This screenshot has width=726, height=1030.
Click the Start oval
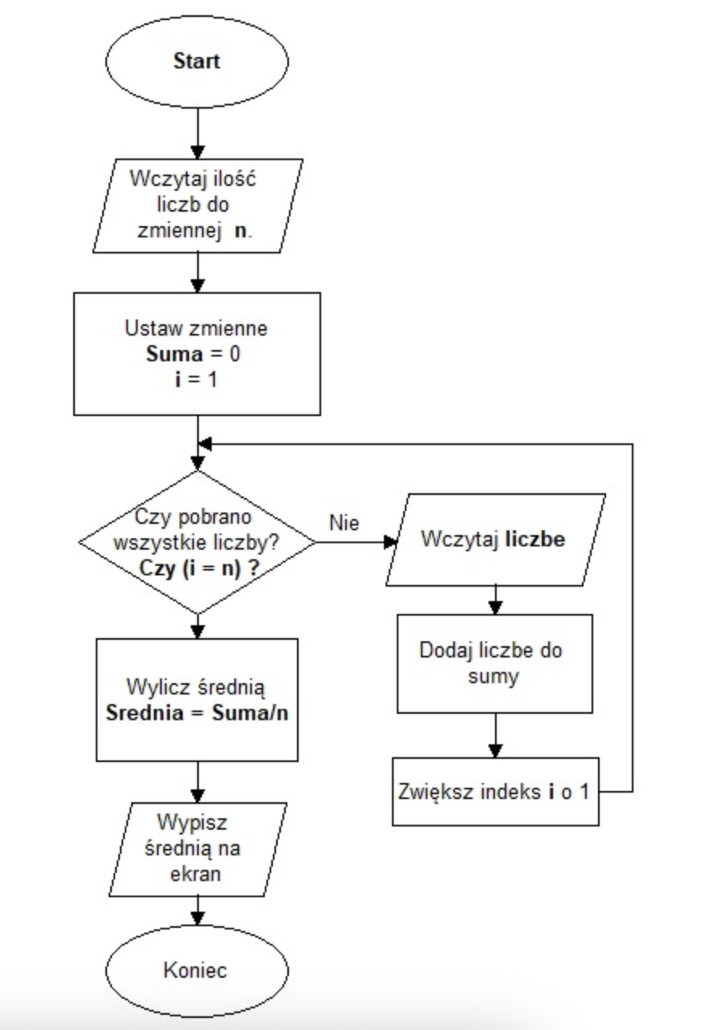pyautogui.click(x=196, y=61)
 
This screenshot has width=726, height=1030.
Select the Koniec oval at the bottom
pyautogui.click(x=196, y=969)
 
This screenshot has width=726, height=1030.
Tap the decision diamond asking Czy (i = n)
pyautogui.click(x=196, y=541)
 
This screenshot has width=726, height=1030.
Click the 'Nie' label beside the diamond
pyautogui.click(x=344, y=522)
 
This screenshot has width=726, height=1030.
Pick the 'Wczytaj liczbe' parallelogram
pyautogui.click(x=495, y=539)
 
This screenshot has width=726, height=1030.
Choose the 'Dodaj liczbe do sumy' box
pyautogui.click(x=495, y=663)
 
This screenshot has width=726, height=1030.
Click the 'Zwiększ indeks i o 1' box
pyautogui.click(x=495, y=791)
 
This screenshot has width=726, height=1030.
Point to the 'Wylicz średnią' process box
pyautogui.click(x=196, y=699)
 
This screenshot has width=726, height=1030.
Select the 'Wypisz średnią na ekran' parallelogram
pyautogui.click(x=196, y=848)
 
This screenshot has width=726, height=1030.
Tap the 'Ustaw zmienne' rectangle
pyautogui.click(x=196, y=353)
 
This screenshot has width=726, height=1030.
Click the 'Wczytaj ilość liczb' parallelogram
pyautogui.click(x=196, y=206)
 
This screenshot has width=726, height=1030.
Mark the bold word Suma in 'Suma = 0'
pyautogui.click(x=169, y=354)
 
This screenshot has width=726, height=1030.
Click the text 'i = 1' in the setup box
pyautogui.click(x=196, y=379)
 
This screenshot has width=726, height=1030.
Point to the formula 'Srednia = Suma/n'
pyautogui.click(x=196, y=713)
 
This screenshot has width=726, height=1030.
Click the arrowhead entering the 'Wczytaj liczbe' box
pyautogui.click(x=390, y=542)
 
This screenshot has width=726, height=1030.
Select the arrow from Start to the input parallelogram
pyautogui.click(x=197, y=133)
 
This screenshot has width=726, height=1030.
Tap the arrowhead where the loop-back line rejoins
pyautogui.click(x=205, y=444)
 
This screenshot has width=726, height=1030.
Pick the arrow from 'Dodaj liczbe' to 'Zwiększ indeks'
pyautogui.click(x=495, y=736)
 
